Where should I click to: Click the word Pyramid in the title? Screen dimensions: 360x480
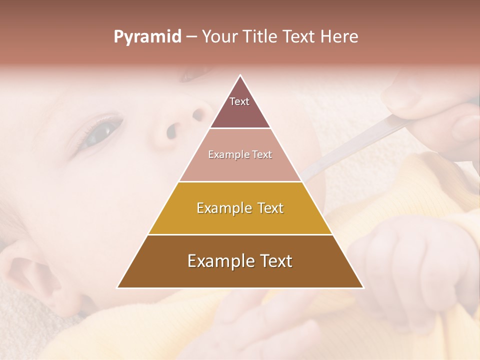click(147, 37)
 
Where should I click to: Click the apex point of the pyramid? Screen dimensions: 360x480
click(240, 75)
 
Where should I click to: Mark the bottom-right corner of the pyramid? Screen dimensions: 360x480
click(363, 287)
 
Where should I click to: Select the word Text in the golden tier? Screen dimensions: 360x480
click(269, 208)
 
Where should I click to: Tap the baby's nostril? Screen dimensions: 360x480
click(171, 131)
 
